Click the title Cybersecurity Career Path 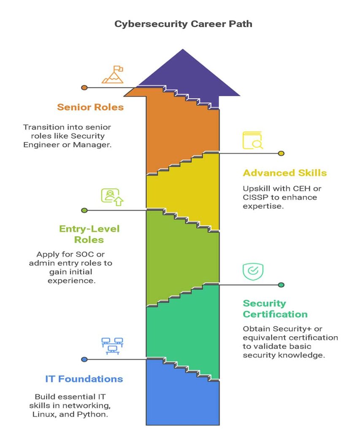[x=183, y=24]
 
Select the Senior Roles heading [x=90, y=107]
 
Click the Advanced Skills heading [x=285, y=173]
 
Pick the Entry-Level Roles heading [x=89, y=234]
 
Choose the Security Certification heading [x=275, y=309]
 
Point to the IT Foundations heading [x=84, y=379]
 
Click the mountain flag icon [x=112, y=75]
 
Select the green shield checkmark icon [x=253, y=272]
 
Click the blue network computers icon [x=112, y=345]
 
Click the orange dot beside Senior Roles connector [x=84, y=88]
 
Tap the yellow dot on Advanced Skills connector [x=281, y=154]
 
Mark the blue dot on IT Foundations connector [x=84, y=359]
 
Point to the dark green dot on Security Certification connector [x=281, y=285]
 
